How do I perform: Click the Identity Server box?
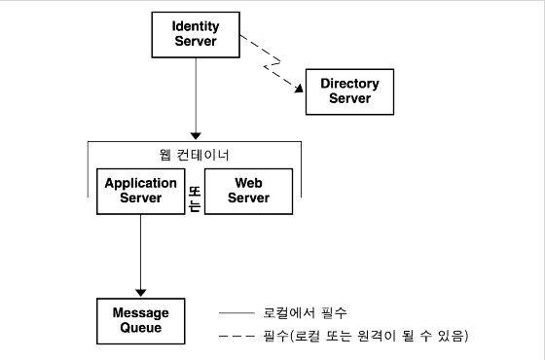196,34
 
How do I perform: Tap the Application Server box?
140,191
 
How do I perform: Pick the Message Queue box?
140,320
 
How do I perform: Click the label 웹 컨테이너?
194,155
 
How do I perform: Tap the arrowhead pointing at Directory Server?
297,92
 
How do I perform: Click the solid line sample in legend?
236,313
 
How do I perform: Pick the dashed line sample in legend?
236,337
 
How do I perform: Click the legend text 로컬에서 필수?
305,313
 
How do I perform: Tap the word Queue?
140,328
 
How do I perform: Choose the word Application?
140,183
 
